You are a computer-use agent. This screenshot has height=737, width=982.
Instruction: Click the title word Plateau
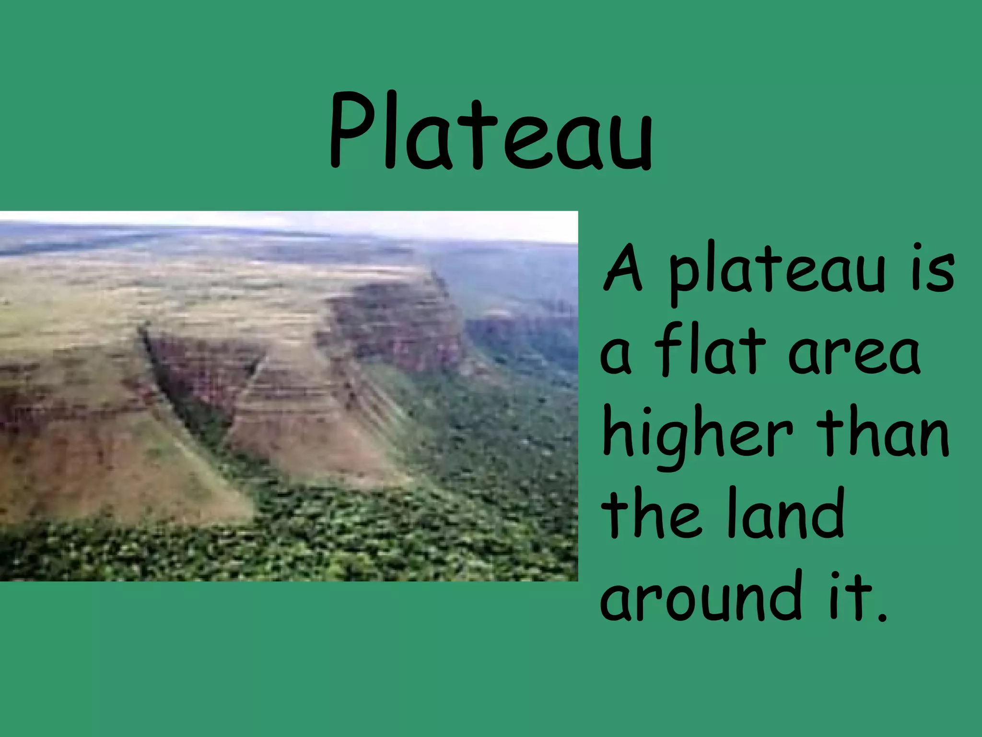click(x=490, y=132)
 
